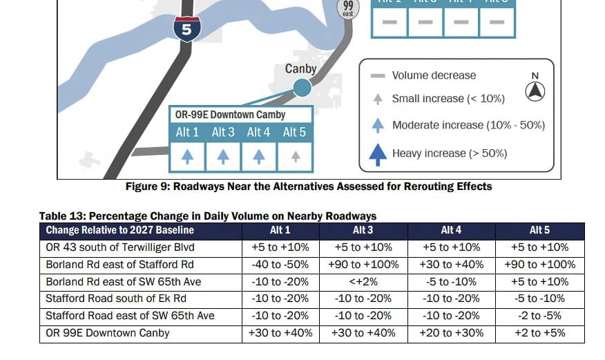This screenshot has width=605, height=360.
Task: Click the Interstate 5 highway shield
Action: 187,28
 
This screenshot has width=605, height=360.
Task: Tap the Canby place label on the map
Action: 300,69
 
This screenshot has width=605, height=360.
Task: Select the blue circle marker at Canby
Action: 301,87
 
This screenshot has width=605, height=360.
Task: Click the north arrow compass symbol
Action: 535,91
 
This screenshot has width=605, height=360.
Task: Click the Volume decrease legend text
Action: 434,75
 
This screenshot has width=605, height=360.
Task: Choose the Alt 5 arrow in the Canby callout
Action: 295,158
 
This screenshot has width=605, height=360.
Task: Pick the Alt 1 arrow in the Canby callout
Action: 187,158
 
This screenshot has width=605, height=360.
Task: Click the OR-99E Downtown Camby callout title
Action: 230,115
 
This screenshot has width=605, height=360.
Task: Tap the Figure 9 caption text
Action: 308,187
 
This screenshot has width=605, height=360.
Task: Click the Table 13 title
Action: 207,216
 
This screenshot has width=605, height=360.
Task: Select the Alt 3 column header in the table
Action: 363,230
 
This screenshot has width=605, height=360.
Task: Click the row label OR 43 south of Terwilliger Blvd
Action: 120,247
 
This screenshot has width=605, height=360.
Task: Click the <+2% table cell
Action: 363,282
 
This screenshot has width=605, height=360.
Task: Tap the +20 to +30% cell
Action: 452,333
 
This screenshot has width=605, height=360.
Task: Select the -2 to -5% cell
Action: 539,316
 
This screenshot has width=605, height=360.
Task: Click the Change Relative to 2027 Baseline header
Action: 120,230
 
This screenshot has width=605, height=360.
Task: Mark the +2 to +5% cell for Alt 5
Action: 539,333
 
